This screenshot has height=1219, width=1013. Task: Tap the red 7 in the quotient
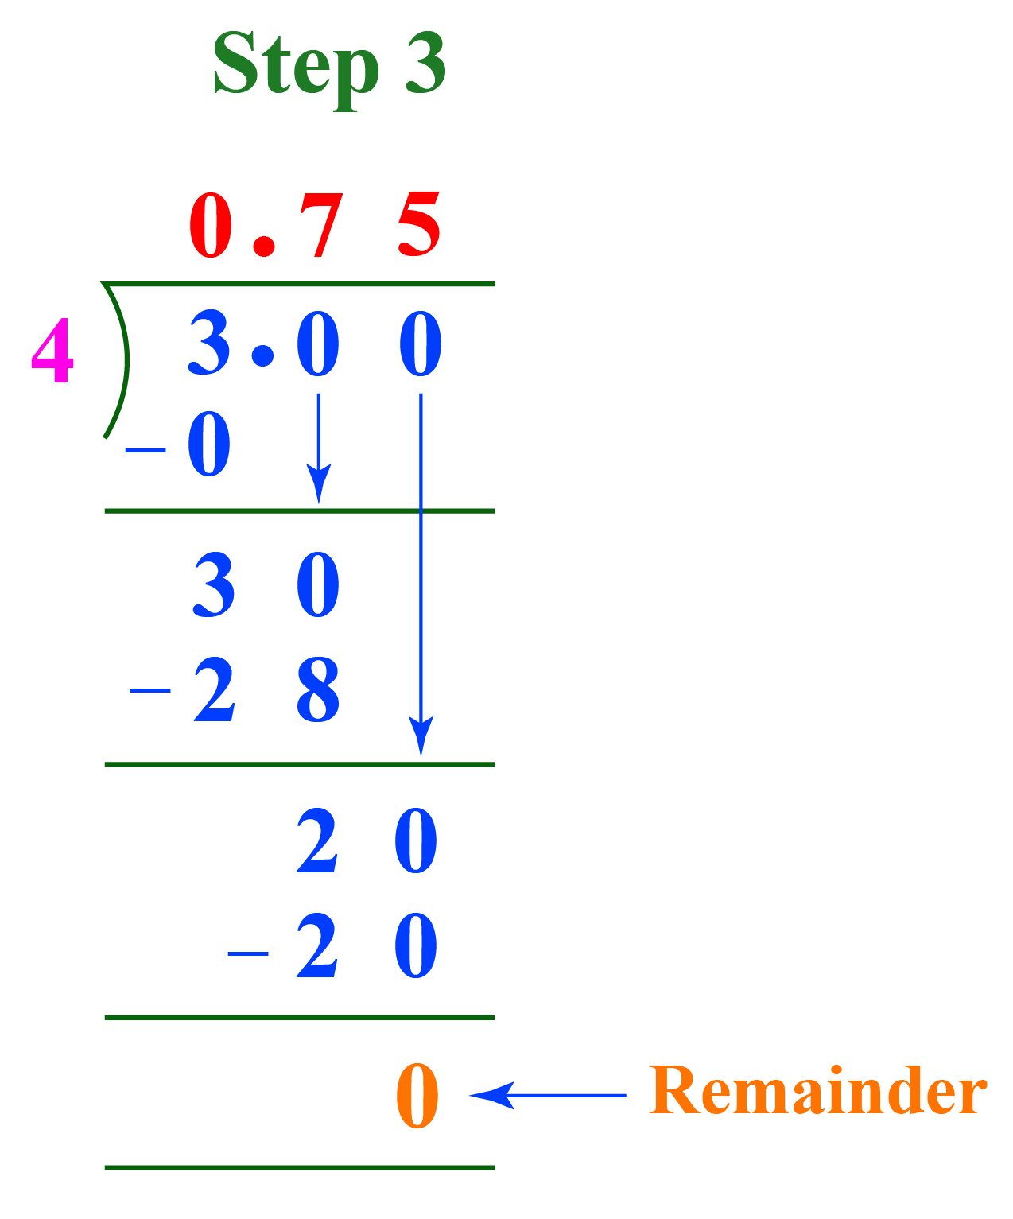(x=320, y=226)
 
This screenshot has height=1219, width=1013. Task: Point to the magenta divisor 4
(x=52, y=351)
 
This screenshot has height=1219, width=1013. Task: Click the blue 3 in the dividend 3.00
(x=210, y=344)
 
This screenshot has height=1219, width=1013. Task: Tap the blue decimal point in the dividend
(x=262, y=355)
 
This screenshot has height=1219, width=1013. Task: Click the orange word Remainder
(x=817, y=1091)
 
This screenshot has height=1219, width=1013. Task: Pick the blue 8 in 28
(x=318, y=689)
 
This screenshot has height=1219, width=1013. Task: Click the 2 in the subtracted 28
(x=215, y=689)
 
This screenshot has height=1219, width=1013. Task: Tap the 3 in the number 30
(x=214, y=585)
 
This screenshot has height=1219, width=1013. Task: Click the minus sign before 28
(x=150, y=690)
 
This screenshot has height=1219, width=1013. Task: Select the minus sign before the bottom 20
(x=247, y=952)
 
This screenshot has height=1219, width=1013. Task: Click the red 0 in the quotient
(x=212, y=226)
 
